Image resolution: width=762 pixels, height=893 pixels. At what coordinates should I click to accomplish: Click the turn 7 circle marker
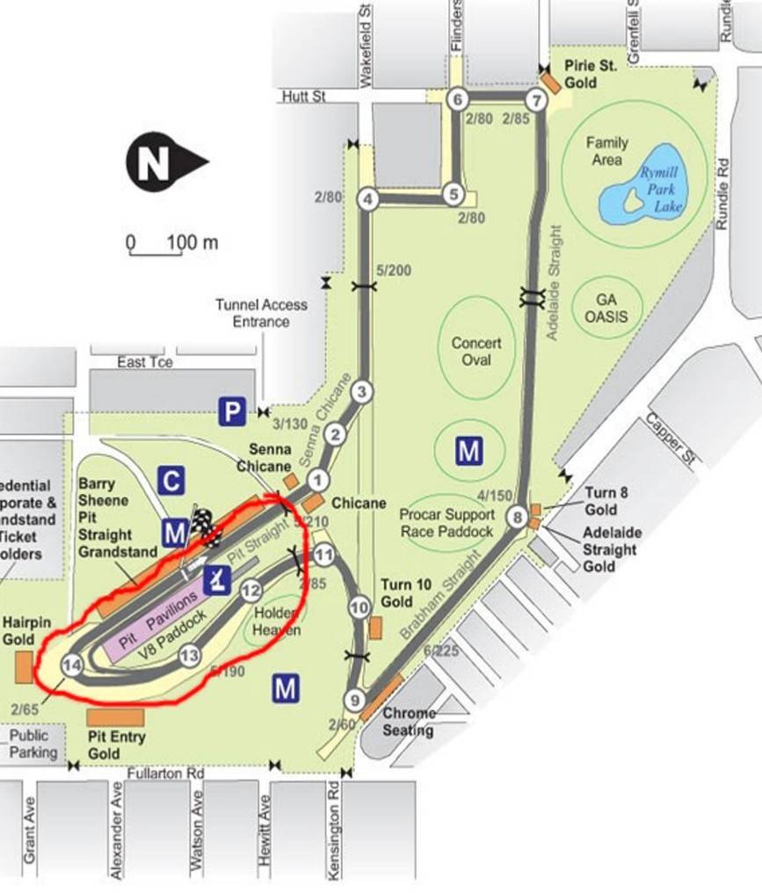(535, 99)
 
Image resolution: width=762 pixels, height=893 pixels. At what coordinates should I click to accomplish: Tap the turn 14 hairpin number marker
(72, 665)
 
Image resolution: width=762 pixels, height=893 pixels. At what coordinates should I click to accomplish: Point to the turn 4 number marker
(368, 200)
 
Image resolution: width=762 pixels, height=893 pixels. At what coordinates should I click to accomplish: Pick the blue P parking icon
(231, 411)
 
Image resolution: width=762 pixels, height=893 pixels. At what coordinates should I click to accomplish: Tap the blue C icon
(171, 480)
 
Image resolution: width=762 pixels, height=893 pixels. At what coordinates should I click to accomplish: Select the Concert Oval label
(476, 352)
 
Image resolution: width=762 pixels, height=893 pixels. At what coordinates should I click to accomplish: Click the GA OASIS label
(606, 309)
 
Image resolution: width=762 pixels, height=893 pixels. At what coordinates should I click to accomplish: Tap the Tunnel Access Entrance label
(261, 313)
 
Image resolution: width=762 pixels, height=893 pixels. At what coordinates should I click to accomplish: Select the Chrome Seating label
(409, 722)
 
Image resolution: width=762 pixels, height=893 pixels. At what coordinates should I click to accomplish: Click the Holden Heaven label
(277, 621)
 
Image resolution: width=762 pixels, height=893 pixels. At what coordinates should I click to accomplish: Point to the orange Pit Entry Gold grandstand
(115, 717)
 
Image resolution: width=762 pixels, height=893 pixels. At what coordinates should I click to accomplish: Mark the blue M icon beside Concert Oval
(468, 451)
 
